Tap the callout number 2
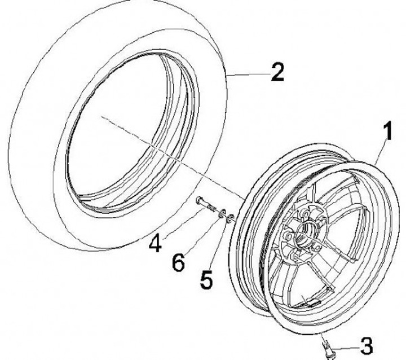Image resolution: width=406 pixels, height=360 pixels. point(277,73)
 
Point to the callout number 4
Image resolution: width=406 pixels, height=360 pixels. point(156,244)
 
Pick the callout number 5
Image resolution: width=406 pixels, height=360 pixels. point(207,279)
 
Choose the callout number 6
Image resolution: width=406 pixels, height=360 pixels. point(178,262)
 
